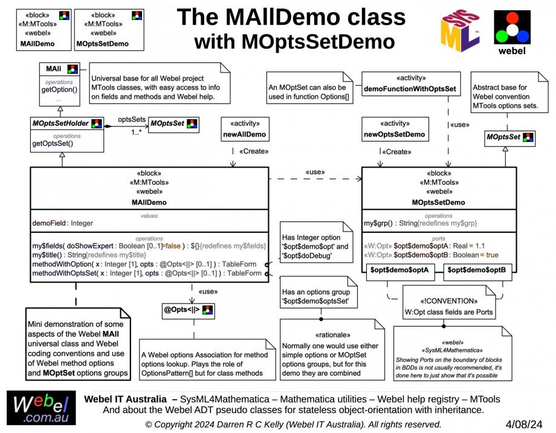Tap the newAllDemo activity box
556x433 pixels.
click(x=244, y=129)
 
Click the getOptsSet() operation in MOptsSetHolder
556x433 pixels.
click(x=52, y=143)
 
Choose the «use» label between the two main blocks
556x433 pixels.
click(x=314, y=172)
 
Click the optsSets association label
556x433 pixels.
click(x=131, y=120)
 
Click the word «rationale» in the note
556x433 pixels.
click(x=332, y=334)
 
